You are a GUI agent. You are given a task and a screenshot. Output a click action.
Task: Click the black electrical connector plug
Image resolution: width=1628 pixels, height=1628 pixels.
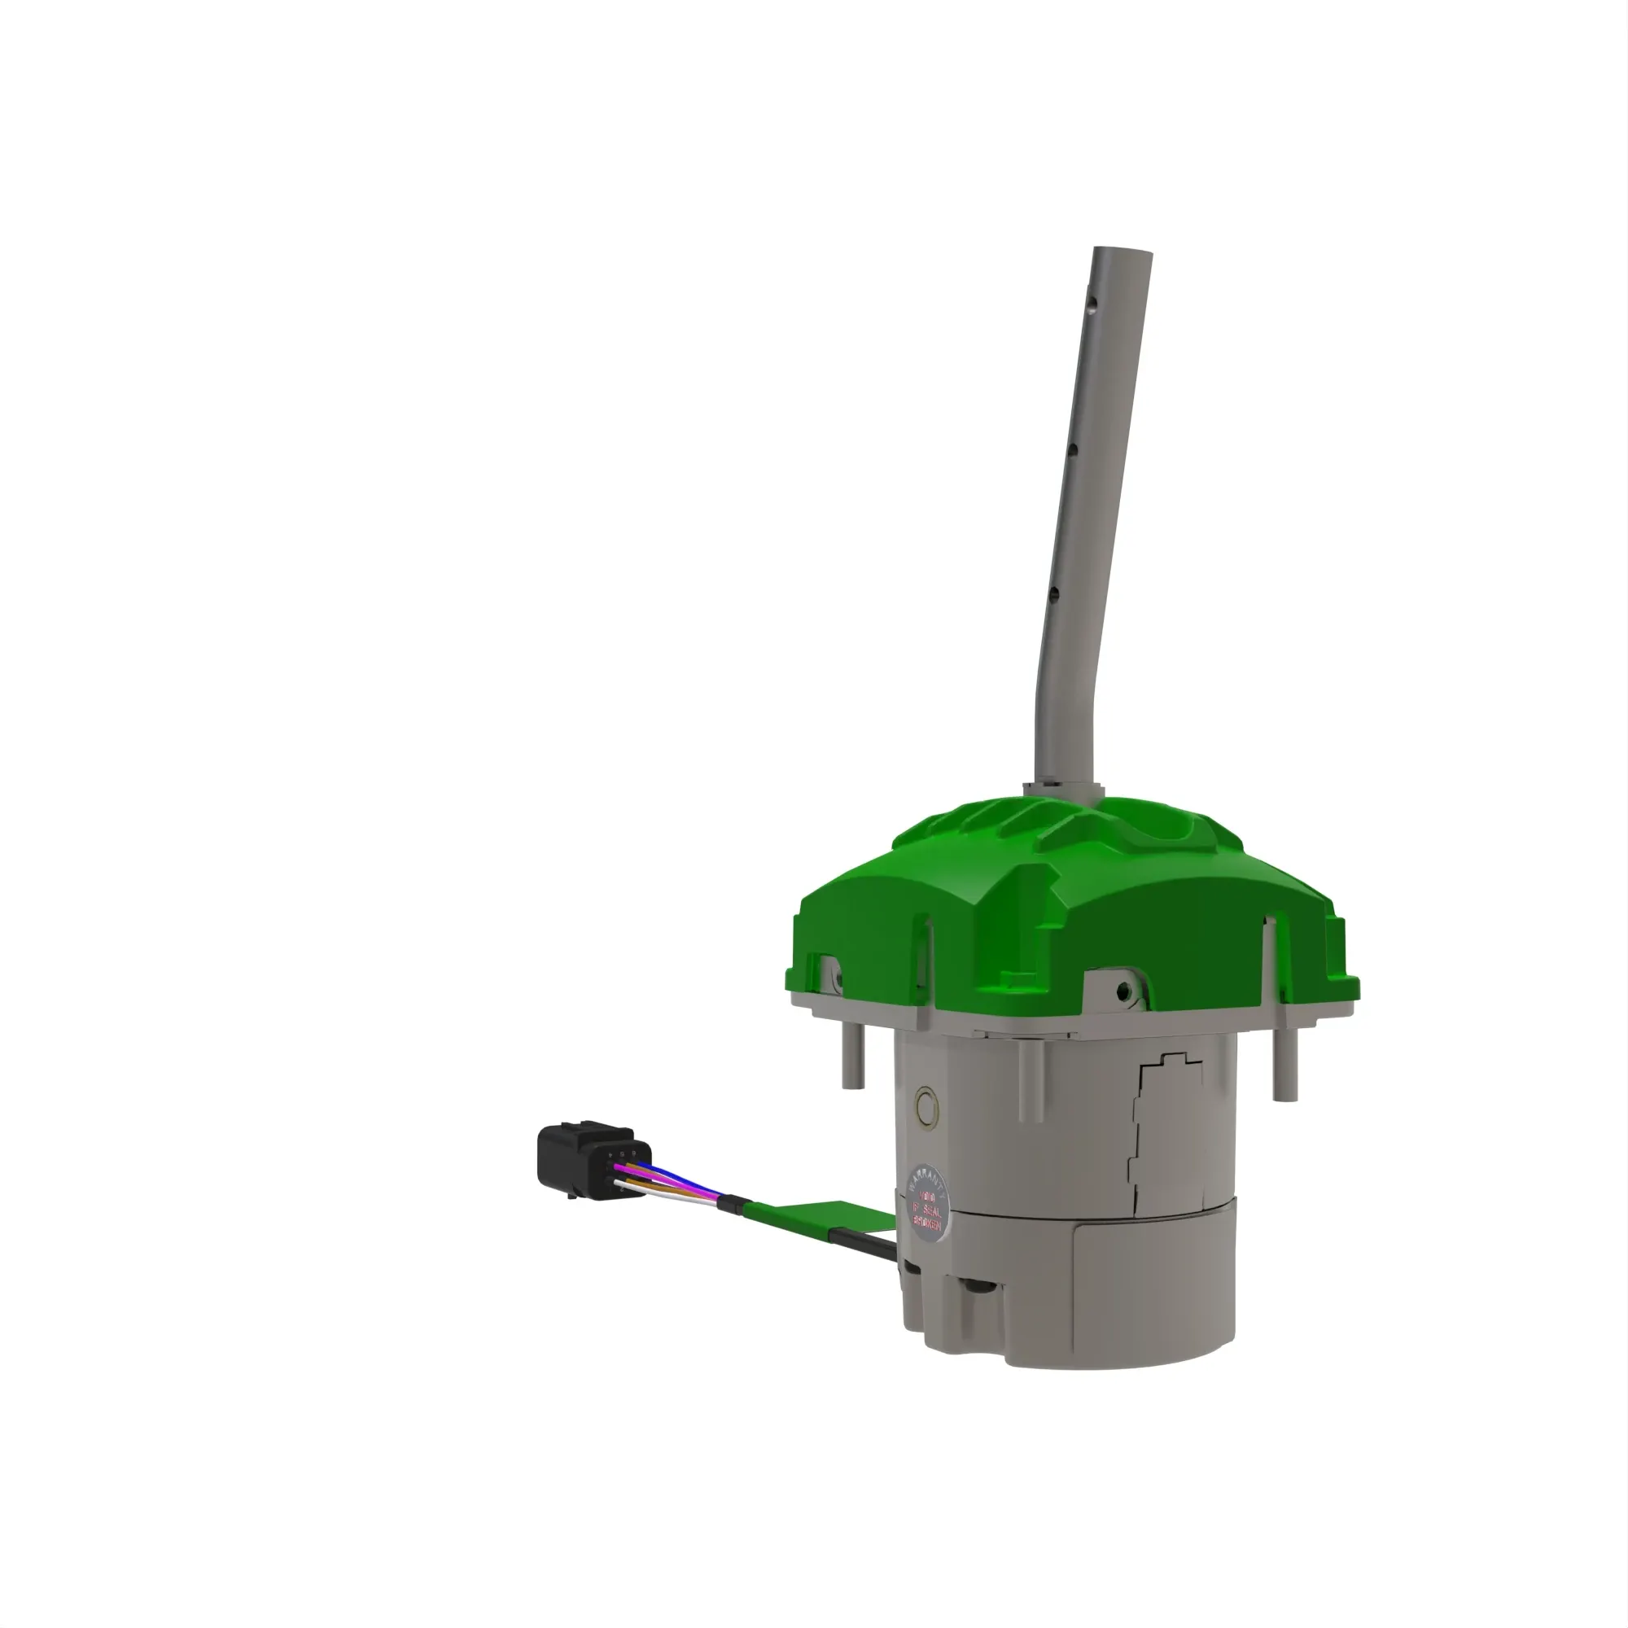[x=585, y=1158]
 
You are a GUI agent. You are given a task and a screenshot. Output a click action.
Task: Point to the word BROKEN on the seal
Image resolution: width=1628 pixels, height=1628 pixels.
[x=927, y=1228]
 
